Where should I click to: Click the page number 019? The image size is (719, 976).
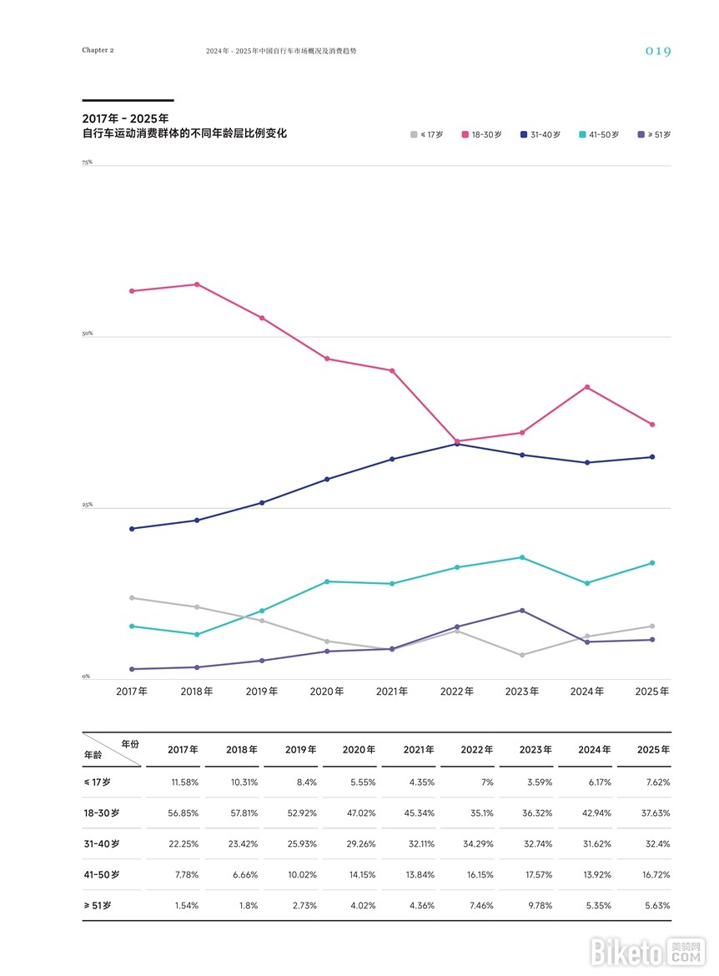(657, 51)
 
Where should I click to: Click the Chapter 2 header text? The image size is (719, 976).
(98, 50)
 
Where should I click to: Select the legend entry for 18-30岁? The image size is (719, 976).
(481, 134)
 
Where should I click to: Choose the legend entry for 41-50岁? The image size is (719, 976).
(598, 134)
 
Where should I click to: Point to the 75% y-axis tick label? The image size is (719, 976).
(87, 163)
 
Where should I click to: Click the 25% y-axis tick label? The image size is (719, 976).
(87, 506)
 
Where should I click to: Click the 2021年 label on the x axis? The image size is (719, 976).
(392, 692)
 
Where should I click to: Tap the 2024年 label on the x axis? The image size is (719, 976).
(587, 692)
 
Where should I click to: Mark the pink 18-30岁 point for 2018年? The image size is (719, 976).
(197, 284)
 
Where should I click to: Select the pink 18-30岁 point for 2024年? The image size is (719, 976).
(587, 387)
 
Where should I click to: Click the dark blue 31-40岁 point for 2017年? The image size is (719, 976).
(132, 529)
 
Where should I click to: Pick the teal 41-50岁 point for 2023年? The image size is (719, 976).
(522, 557)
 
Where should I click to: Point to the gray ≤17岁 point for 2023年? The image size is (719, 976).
(522, 655)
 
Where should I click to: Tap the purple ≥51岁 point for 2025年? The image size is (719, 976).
(652, 640)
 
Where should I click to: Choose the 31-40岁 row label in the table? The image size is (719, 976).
(102, 843)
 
